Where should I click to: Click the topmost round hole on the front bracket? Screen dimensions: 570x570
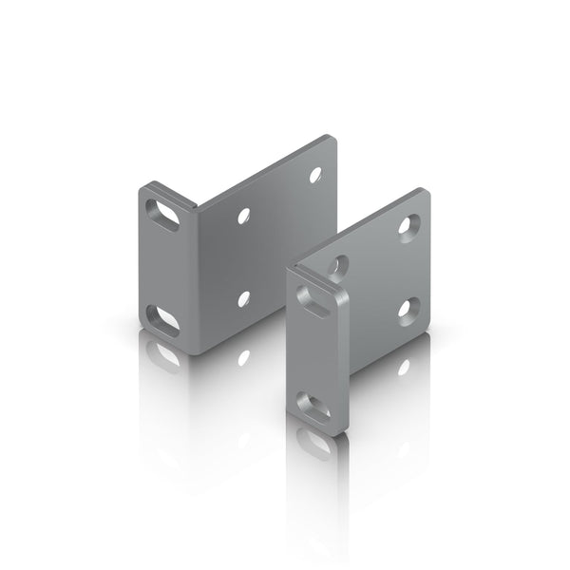pyautogui.click(x=410, y=225)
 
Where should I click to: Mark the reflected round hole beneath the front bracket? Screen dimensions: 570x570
pyautogui.click(x=406, y=365)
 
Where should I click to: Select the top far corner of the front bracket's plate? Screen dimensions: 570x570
pyautogui.click(x=424, y=193)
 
